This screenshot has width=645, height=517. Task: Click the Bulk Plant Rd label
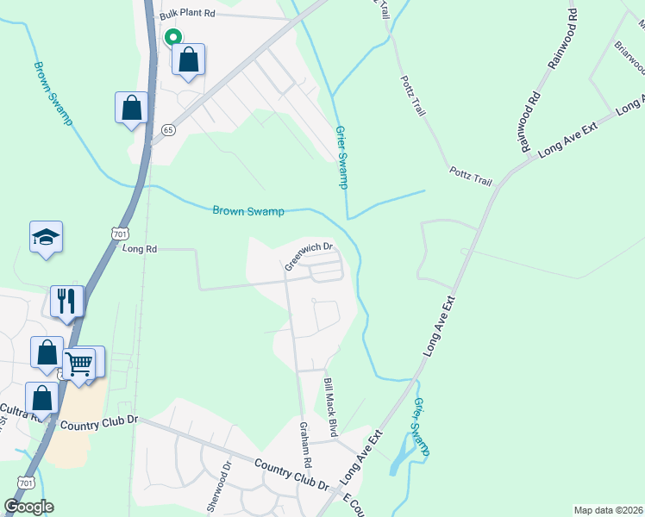pos(186,16)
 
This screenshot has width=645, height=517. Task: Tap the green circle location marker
pos(172,37)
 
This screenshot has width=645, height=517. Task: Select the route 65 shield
pos(168,129)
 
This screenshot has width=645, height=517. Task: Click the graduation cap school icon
pos(46,237)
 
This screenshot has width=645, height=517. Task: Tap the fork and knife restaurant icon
pos(66,301)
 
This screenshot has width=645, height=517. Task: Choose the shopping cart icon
pos(79,363)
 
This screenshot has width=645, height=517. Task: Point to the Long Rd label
pos(140,249)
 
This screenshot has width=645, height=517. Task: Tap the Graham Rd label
pos(304,440)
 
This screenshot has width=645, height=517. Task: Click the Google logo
pos(29,507)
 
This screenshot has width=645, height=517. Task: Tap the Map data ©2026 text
pos(608,509)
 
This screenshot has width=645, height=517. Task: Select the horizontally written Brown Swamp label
pos(248,210)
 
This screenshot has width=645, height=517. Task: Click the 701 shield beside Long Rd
pos(119,233)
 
